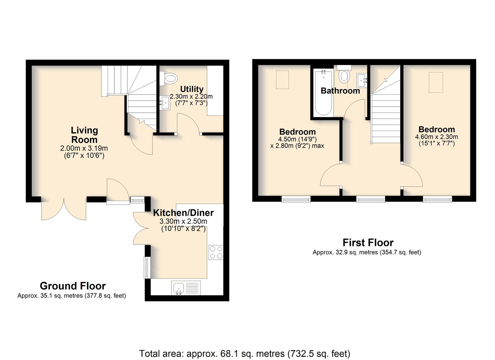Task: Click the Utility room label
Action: (192, 89)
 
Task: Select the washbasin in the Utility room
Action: (165, 103)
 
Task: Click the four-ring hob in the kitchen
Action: (216, 252)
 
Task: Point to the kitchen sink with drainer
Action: (186, 288)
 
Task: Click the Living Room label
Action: (84, 135)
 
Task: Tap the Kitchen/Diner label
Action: (183, 213)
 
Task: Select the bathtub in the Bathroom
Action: (324, 93)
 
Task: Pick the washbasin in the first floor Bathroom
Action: (362, 80)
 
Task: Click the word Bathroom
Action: (340, 91)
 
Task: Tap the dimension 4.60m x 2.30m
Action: (437, 137)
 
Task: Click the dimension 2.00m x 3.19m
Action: (84, 148)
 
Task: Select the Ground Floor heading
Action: (73, 286)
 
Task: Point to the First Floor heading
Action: (368, 243)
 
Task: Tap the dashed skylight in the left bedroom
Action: (282, 80)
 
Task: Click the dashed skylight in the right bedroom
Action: (436, 82)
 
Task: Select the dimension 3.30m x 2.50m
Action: (183, 221)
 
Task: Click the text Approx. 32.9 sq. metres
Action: (345, 252)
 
